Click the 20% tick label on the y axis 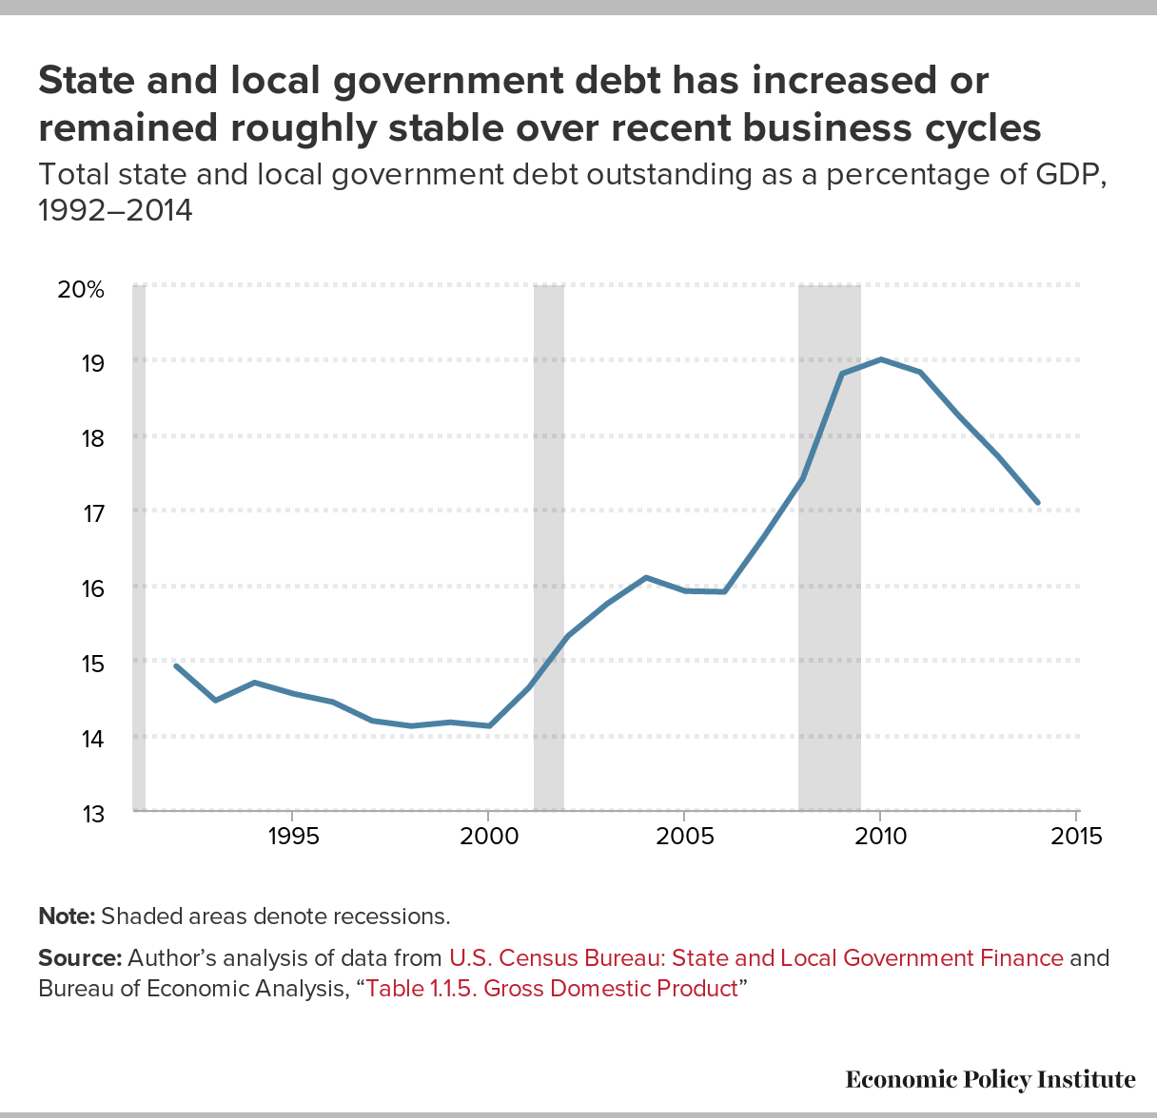click(80, 290)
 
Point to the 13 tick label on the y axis click(92, 815)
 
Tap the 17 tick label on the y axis click(92, 514)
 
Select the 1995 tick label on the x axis click(292, 838)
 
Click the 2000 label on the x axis click(488, 838)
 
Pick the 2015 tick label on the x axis click(1077, 838)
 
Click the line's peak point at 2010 click(880, 359)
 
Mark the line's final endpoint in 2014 click(1037, 502)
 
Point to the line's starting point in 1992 click(176, 666)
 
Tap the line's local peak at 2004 click(646, 577)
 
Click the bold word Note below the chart click(66, 916)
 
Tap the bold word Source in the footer click(79, 957)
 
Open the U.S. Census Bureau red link click(755, 957)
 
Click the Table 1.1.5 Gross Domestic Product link click(552, 988)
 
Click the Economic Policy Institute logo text click(990, 1079)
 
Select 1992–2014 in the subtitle click(115, 210)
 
